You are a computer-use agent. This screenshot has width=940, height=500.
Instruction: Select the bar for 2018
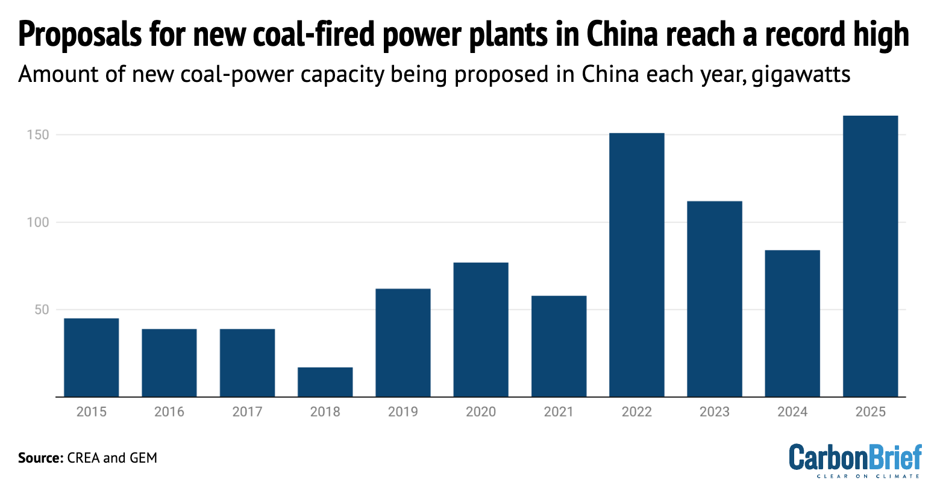point(325,382)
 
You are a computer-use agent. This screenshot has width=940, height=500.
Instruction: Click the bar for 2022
point(637,265)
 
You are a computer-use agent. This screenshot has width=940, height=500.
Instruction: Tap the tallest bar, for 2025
point(870,256)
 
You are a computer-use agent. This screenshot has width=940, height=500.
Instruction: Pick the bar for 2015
point(92,357)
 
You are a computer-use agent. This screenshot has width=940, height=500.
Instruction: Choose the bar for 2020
point(481,330)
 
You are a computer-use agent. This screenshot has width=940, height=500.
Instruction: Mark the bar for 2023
point(715,299)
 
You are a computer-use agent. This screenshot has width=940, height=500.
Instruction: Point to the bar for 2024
point(792,323)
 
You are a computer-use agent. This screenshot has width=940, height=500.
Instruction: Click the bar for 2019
point(403,343)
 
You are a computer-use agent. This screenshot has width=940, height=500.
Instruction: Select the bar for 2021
point(559,346)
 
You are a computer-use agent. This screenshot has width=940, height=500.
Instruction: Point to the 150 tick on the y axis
point(37,135)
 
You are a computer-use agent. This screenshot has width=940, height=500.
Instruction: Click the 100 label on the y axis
point(37,222)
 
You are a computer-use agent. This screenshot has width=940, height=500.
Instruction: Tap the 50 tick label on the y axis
point(40,310)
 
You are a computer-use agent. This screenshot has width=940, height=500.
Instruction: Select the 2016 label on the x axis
point(169,412)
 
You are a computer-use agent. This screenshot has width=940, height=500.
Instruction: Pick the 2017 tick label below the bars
point(247,412)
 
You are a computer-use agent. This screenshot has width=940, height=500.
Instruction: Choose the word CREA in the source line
point(84,458)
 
